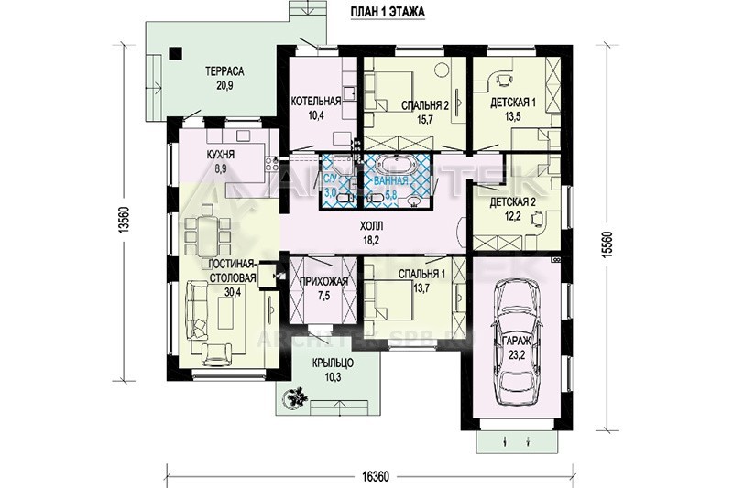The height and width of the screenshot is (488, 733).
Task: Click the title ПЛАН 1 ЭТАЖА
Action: tap(388, 12)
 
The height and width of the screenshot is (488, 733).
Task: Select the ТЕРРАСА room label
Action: tap(224, 71)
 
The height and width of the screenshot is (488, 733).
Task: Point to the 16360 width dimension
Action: tap(375, 476)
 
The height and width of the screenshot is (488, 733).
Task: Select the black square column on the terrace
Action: tap(175, 54)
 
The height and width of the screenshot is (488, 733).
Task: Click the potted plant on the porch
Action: tap(295, 398)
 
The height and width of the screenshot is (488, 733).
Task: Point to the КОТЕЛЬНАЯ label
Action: tap(315, 101)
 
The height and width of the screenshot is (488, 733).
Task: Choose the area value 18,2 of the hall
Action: tap(372, 240)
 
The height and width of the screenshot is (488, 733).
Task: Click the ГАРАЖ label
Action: tap(517, 341)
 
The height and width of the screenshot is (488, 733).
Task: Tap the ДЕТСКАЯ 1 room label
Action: tap(513, 103)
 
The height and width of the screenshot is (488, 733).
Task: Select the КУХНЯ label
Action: tap(222, 155)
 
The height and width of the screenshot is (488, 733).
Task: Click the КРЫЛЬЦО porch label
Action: tap(333, 363)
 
